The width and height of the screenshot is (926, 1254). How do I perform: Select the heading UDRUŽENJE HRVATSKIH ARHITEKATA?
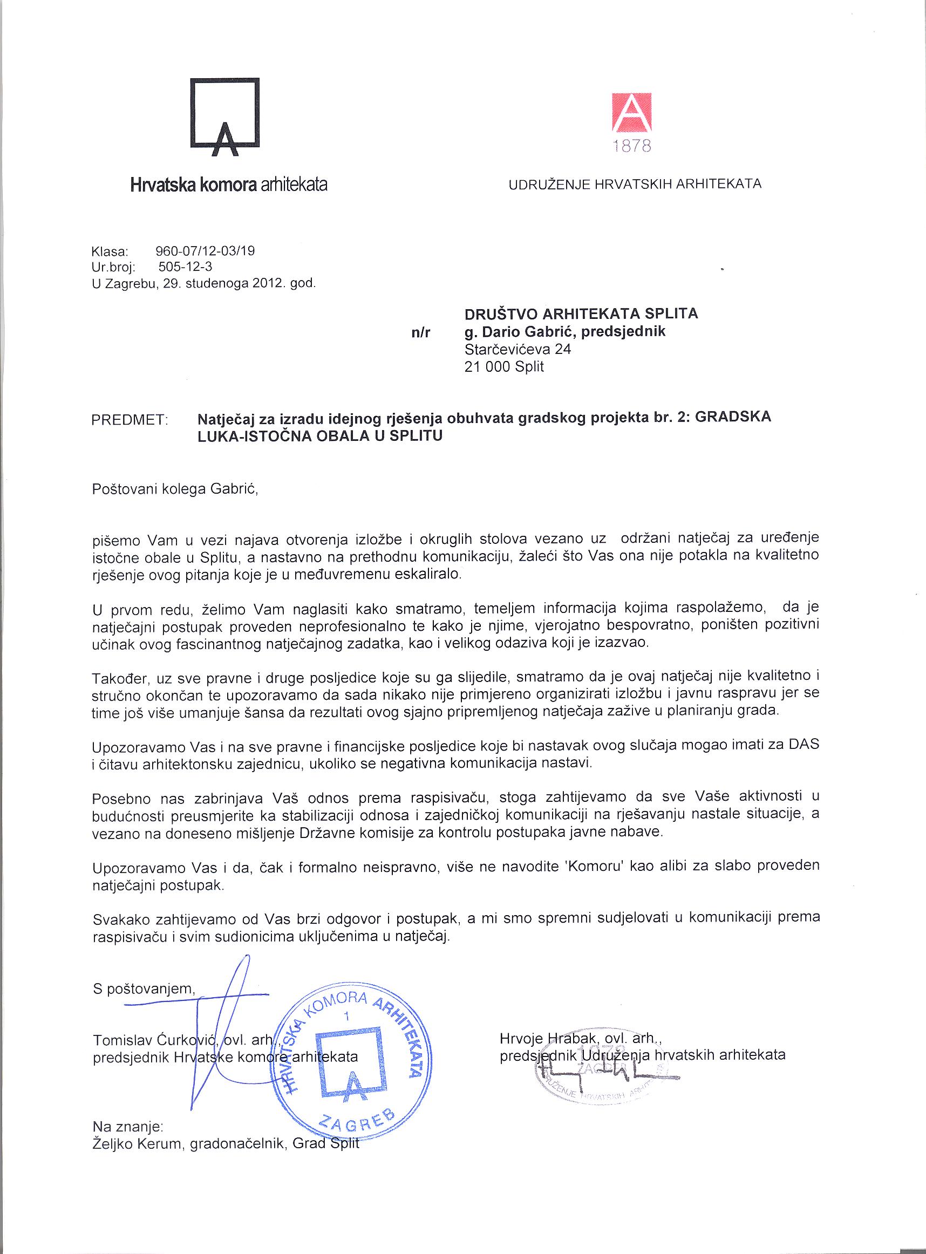click(x=635, y=184)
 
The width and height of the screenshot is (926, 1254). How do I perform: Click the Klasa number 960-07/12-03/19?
click(x=204, y=250)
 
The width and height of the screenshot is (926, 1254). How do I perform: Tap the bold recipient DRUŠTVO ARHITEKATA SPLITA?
click(x=581, y=313)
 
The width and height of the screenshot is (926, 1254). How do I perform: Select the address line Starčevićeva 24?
click(x=518, y=349)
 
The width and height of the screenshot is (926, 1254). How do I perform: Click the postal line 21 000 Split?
click(x=504, y=367)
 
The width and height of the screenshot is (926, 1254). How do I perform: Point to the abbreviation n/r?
click(x=420, y=333)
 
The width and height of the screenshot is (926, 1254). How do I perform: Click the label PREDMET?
click(x=130, y=420)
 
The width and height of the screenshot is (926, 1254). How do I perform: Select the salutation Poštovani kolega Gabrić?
click(x=174, y=489)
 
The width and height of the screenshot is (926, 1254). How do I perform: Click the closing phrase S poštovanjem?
click(x=144, y=989)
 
